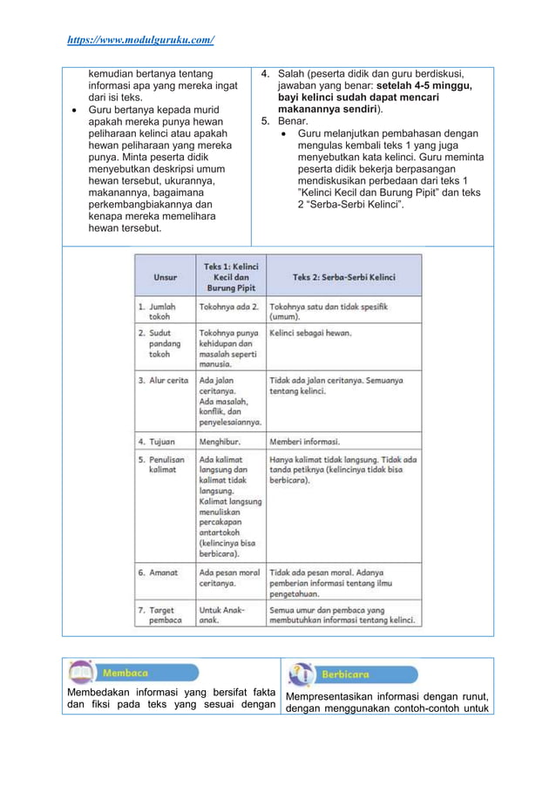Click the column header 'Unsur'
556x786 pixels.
coord(166,277)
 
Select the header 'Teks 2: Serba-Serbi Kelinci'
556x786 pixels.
coord(343,277)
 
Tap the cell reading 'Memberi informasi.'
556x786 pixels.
coord(305,442)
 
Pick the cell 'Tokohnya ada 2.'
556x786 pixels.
coord(229,307)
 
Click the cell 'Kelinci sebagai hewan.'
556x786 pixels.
coord(311,333)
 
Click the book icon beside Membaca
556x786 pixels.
coord(81,673)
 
